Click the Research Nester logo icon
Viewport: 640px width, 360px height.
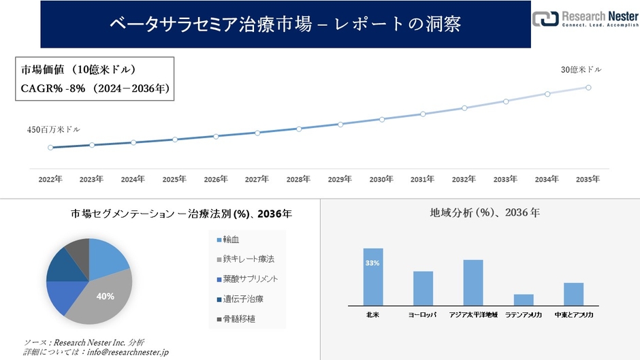[x=545, y=19]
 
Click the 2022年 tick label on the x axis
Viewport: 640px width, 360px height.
[x=50, y=180]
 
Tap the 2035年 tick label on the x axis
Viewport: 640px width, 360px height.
[x=588, y=180]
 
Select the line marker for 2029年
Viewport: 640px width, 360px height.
[x=340, y=124]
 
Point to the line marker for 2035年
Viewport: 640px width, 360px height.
[x=588, y=87]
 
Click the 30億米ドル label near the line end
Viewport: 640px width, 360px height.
[x=581, y=69]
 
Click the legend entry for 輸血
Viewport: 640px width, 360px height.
[x=231, y=240]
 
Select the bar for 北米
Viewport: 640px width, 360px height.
[x=373, y=277]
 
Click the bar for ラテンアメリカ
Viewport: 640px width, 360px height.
[x=524, y=299]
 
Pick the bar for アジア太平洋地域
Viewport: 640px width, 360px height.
[x=473, y=282]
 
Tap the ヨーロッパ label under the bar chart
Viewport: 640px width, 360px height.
[x=423, y=316]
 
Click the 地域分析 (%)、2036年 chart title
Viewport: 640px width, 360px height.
[x=485, y=213]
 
